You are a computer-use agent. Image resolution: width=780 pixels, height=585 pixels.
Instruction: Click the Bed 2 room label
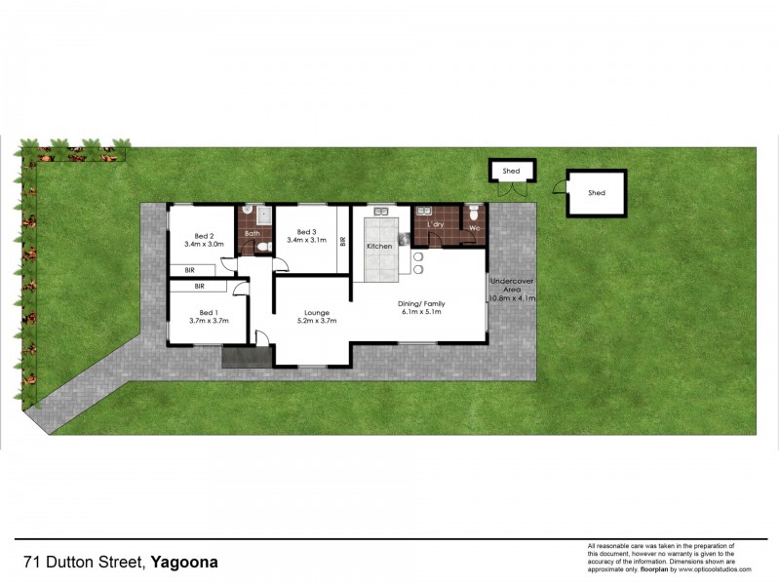[x=203, y=236]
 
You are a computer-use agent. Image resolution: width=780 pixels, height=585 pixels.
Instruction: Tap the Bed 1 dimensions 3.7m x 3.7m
[x=207, y=321]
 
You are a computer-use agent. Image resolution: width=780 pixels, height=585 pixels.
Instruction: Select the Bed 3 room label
[x=305, y=231]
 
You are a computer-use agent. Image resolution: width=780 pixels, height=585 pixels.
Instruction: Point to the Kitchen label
[x=379, y=247]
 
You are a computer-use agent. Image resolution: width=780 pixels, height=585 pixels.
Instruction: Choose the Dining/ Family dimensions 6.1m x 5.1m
[x=421, y=313]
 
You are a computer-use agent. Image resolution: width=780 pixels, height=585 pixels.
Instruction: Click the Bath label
[x=252, y=233]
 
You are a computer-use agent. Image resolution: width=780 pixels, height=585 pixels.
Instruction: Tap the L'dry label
[x=435, y=224]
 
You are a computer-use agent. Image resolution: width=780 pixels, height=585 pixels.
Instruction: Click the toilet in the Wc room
[x=473, y=211]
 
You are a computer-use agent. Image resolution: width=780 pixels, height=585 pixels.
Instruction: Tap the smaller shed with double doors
[x=511, y=172]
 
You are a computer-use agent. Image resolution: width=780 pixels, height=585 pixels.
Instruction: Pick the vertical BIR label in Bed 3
[x=342, y=240]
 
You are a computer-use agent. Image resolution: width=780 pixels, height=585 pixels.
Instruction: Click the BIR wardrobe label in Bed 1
[x=199, y=287]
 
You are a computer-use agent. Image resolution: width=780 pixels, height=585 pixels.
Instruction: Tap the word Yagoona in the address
[x=185, y=563]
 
